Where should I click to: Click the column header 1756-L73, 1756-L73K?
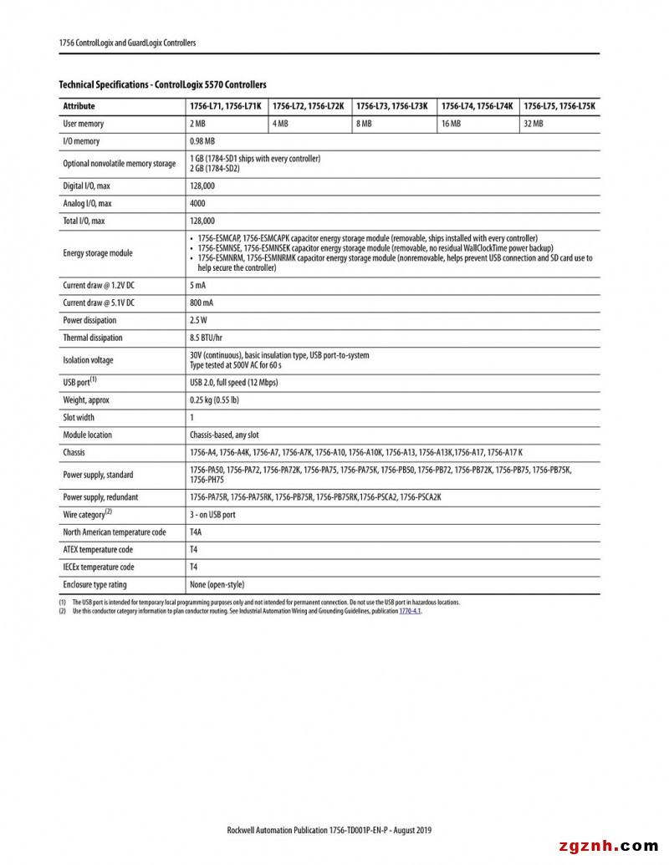tap(391, 106)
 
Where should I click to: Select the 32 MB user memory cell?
tap(533, 124)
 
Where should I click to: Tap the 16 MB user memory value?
tap(451, 124)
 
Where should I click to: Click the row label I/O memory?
tap(81, 141)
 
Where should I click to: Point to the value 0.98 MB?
tap(202, 141)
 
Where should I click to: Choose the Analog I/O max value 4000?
tap(197, 203)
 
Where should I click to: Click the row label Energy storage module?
tap(98, 253)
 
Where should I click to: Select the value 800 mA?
tap(202, 303)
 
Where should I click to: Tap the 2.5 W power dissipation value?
tap(199, 320)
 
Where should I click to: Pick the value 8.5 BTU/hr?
tap(206, 338)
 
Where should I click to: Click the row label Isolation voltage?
tap(88, 360)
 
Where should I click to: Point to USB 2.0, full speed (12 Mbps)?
tap(234, 382)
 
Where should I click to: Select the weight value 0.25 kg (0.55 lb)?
tap(214, 399)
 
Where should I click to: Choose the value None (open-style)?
tap(217, 584)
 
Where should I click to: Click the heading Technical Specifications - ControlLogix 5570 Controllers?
tap(162, 84)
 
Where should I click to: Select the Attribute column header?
tap(79, 106)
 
